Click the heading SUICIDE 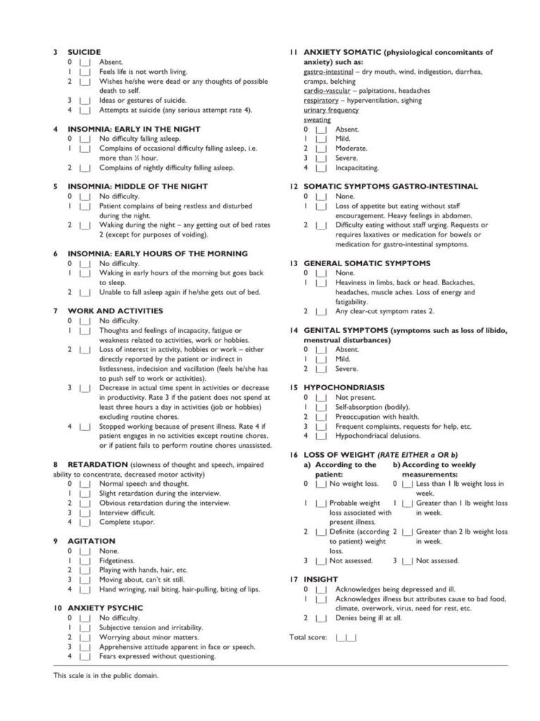coord(84,52)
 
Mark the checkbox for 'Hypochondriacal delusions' coord(321,436)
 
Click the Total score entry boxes coord(346,638)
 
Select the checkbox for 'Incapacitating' coord(321,168)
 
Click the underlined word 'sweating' coord(317,120)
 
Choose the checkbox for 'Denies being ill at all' coord(321,617)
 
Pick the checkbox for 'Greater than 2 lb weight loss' coord(408,532)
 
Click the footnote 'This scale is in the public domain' coord(106,676)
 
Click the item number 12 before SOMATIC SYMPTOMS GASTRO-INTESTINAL coord(294,187)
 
